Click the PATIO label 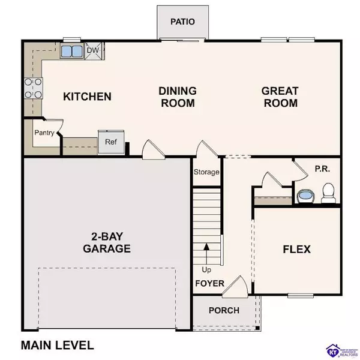click(182, 22)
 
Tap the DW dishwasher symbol click(93, 51)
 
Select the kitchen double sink click(72, 52)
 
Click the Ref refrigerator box click(111, 143)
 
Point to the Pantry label click(44, 133)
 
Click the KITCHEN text click(88, 97)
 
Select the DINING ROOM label click(177, 97)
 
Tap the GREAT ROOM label click(280, 97)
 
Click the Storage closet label click(206, 172)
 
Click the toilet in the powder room click(328, 193)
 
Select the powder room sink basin click(306, 196)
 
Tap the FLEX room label click(296, 248)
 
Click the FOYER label click(209, 283)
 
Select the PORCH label click(223, 310)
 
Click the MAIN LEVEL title click(57, 345)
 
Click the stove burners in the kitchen click(32, 88)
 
